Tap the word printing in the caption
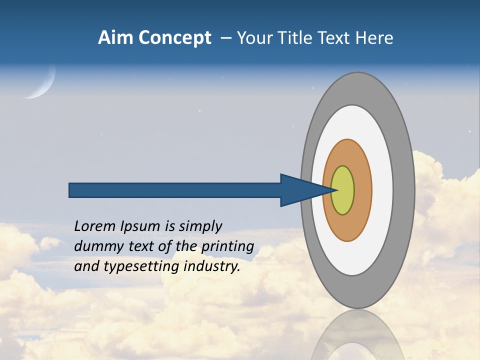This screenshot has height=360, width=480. [x=227, y=246]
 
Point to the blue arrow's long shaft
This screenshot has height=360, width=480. [x=175, y=190]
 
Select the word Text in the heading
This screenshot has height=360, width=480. [x=337, y=38]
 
